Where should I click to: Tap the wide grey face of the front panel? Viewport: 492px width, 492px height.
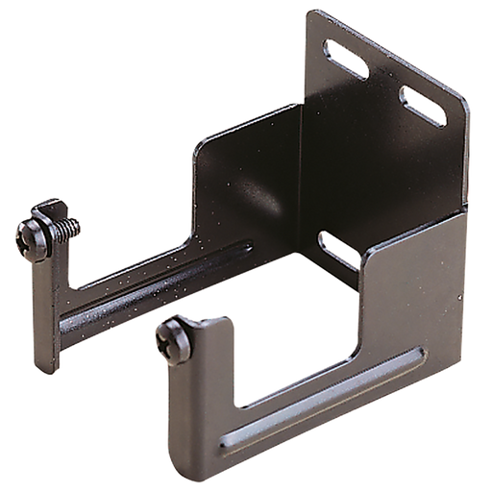404,298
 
